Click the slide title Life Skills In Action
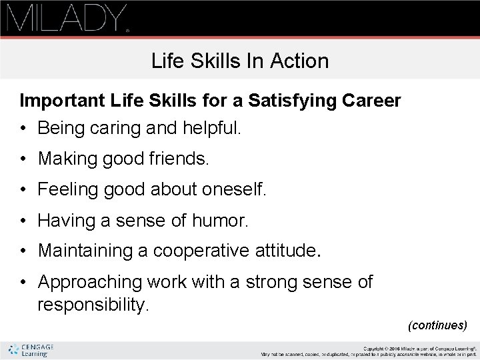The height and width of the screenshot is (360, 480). (x=240, y=61)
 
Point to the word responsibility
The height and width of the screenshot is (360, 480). (x=93, y=305)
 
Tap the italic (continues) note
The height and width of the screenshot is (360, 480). (x=438, y=325)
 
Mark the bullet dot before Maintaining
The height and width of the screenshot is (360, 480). (x=24, y=251)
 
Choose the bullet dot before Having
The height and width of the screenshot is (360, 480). (x=24, y=221)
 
